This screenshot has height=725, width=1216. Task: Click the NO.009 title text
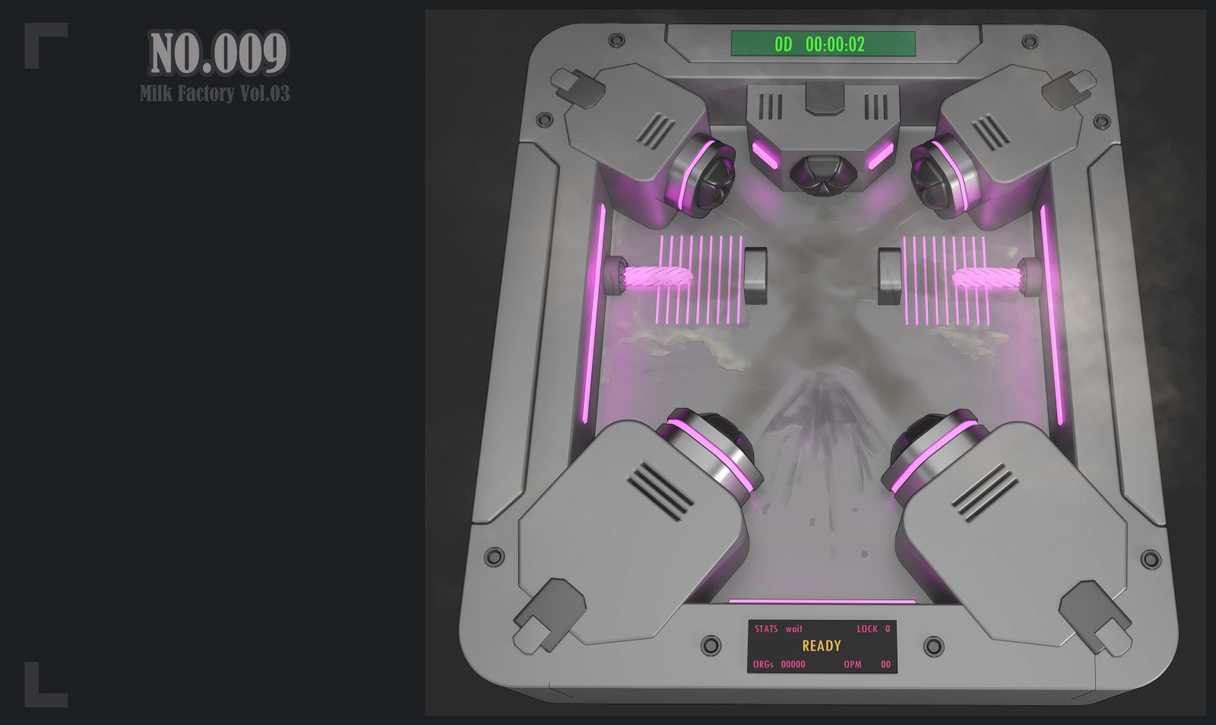[218, 52]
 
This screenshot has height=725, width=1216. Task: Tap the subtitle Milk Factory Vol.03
[215, 94]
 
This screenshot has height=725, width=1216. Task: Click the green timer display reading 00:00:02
[835, 45]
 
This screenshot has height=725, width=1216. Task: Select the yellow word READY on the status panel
[822, 646]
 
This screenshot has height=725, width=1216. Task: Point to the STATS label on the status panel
[766, 629]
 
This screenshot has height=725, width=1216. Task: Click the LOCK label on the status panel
[867, 629]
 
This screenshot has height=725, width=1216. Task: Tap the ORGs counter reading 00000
[793, 664]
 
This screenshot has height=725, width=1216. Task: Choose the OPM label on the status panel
[852, 664]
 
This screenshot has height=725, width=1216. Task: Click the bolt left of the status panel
[711, 645]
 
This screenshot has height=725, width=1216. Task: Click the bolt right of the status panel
[933, 646]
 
